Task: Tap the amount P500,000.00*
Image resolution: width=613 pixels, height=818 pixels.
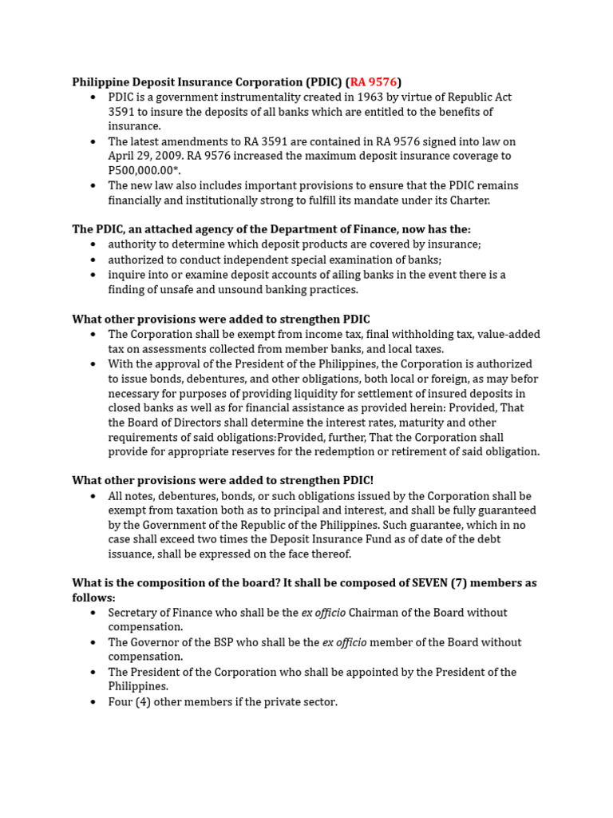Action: tap(144, 171)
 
